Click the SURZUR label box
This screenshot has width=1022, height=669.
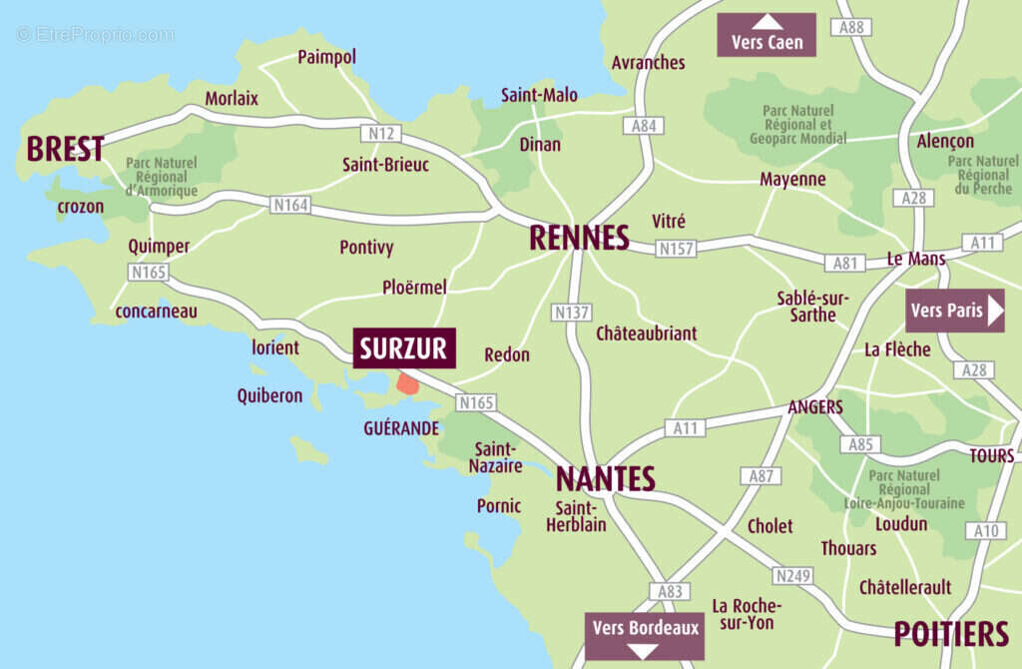click(x=404, y=347)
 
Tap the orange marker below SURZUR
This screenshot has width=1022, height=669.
click(x=407, y=382)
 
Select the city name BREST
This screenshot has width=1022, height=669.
click(x=65, y=149)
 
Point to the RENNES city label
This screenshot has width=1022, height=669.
click(x=579, y=238)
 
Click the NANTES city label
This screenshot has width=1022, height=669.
click(x=605, y=478)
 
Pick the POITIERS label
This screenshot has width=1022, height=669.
click(x=950, y=633)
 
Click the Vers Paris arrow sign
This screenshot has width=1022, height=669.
click(x=954, y=311)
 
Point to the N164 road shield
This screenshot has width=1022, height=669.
click(x=290, y=206)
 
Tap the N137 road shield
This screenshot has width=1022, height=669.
click(x=572, y=313)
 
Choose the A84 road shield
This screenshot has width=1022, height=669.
click(x=644, y=126)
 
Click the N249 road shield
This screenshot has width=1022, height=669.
click(x=792, y=575)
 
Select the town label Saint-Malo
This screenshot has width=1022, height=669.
click(x=539, y=95)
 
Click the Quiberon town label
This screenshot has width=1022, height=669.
click(x=269, y=395)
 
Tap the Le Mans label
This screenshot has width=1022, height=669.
click(x=915, y=259)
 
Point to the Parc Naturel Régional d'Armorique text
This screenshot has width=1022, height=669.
click(x=162, y=177)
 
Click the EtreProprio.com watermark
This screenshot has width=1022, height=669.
click(x=95, y=34)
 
